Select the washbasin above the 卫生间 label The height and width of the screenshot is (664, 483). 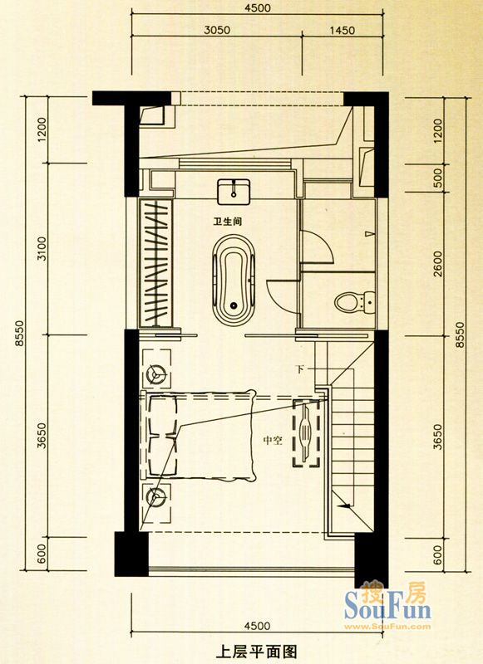234,192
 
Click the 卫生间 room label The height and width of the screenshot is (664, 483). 228,222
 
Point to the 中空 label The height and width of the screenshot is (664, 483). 273,441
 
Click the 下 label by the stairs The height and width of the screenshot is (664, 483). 300,369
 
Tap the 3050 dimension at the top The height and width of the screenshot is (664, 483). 217,30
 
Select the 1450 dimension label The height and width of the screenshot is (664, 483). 342,30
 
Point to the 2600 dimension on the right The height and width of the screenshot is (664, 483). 438,264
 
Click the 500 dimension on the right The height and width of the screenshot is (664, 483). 438,178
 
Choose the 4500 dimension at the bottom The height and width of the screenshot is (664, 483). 258,626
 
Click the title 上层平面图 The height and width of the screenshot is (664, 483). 257,652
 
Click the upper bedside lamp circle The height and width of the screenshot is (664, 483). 155,373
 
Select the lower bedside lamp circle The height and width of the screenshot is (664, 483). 155,496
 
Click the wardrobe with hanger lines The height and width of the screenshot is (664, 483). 155,263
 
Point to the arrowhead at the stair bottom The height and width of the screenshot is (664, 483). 345,505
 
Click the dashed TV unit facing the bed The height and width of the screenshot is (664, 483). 306,432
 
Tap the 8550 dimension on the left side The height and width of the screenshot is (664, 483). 19,334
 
